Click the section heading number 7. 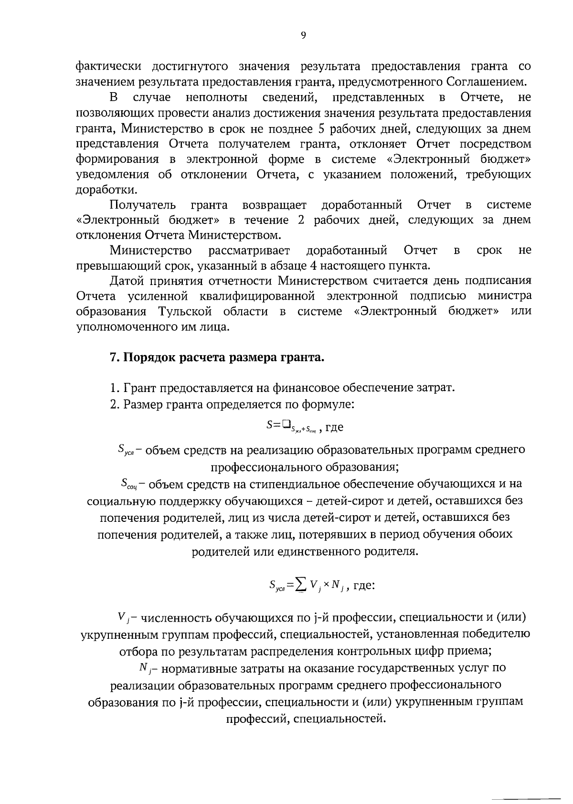[114, 357]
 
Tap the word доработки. [106, 190]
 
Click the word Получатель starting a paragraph [142, 205]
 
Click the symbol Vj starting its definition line [122, 618]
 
